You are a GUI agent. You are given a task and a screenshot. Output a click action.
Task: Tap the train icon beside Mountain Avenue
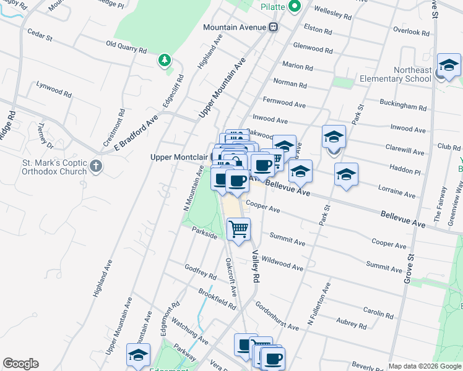point(273,27)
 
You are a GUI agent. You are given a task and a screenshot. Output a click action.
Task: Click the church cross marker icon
point(95,166)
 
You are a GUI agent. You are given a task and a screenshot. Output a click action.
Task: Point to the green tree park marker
point(164,61)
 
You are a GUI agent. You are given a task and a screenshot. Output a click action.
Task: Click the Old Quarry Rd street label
point(126,47)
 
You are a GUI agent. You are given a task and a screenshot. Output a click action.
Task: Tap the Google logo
point(20,364)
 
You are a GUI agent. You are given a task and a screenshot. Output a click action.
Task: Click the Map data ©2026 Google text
point(425,366)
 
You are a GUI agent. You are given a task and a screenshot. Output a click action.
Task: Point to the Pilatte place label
point(272,7)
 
